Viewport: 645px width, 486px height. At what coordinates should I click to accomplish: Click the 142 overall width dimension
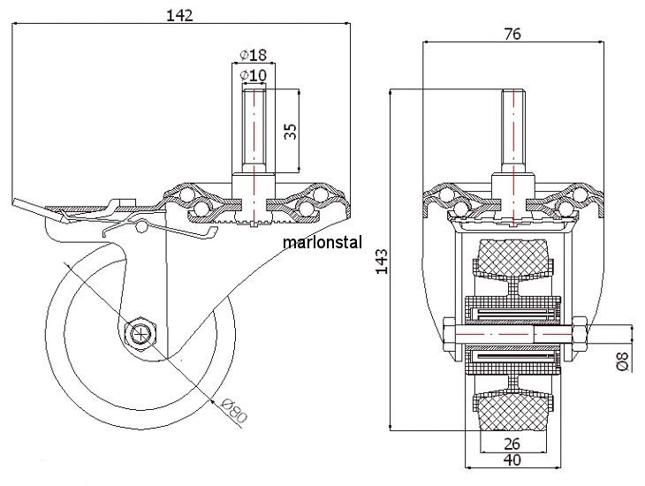point(179,15)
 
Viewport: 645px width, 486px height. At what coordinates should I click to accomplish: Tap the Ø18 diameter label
point(253,54)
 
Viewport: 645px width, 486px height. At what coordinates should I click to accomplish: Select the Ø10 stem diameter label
point(253,75)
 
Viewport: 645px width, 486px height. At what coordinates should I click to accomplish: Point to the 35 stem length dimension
point(291,131)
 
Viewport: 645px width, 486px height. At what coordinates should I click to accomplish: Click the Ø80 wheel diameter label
point(233,410)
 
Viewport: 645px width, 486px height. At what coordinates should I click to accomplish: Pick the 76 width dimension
point(512,34)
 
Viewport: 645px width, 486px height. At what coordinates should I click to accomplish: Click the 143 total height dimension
point(383,261)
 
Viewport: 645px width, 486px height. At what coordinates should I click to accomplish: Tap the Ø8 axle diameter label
point(624,361)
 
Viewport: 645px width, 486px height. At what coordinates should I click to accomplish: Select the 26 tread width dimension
point(512,444)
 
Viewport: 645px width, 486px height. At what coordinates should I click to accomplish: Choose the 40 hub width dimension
point(512,459)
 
